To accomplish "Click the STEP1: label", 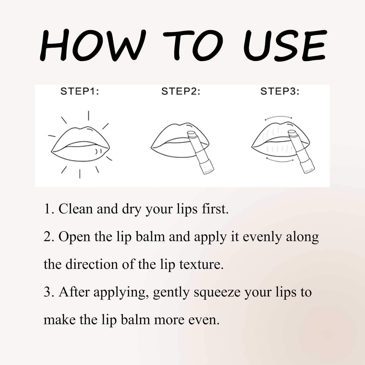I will pyautogui.click(x=80, y=91).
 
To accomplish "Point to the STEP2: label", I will pyautogui.click(x=181, y=91).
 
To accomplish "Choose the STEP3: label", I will pyautogui.click(x=280, y=91).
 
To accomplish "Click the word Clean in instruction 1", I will pyautogui.click(x=76, y=209).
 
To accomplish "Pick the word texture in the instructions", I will pyautogui.click(x=201, y=265).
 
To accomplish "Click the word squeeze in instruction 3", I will pyautogui.click(x=217, y=293).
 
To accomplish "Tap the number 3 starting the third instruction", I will pyautogui.click(x=47, y=292).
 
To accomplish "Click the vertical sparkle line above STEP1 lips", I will pyautogui.click(x=88, y=115).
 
